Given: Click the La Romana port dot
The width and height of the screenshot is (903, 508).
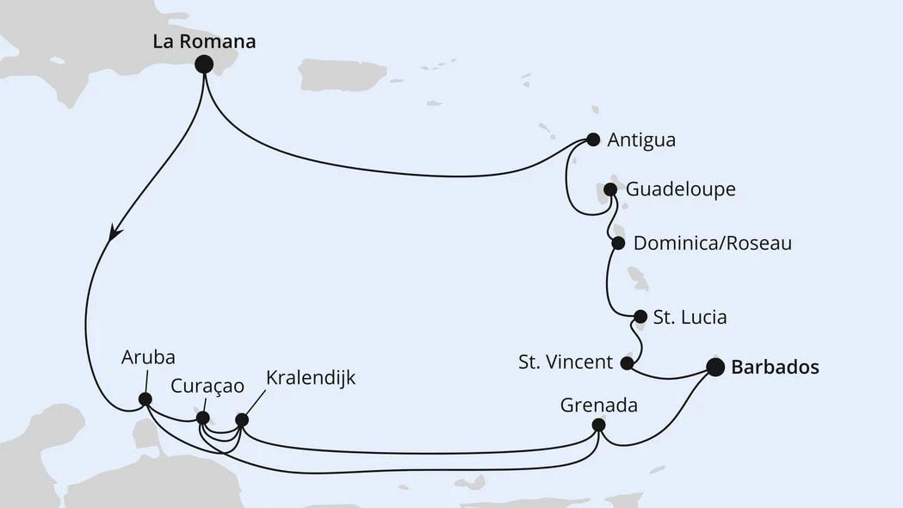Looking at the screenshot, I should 204,63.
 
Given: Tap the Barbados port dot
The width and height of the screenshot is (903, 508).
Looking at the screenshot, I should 715,368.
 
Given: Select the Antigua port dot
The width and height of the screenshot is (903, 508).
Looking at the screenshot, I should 593,139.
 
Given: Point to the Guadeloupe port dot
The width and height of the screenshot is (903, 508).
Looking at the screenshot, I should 610,189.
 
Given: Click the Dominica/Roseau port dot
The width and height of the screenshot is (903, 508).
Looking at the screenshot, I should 617,244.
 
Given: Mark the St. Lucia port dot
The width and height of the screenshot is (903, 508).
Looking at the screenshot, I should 640,317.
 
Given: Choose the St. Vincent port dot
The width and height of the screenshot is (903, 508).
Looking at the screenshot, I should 628,363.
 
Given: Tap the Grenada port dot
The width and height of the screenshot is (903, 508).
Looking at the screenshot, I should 599,425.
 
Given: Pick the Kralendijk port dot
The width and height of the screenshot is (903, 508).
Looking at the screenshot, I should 242,420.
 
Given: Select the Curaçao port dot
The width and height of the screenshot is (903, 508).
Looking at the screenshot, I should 202,418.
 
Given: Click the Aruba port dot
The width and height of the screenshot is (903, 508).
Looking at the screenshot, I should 145,400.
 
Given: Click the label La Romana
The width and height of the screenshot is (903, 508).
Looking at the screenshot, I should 204,40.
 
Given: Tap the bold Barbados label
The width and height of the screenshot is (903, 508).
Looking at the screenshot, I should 775,368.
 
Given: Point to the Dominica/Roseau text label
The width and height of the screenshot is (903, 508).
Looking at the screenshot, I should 712,244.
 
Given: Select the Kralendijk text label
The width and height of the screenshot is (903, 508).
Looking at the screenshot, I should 311,378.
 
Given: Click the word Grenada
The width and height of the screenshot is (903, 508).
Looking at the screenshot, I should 598,404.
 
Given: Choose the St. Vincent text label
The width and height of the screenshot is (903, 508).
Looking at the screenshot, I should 566,362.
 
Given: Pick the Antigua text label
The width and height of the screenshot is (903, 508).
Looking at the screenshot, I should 640,139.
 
